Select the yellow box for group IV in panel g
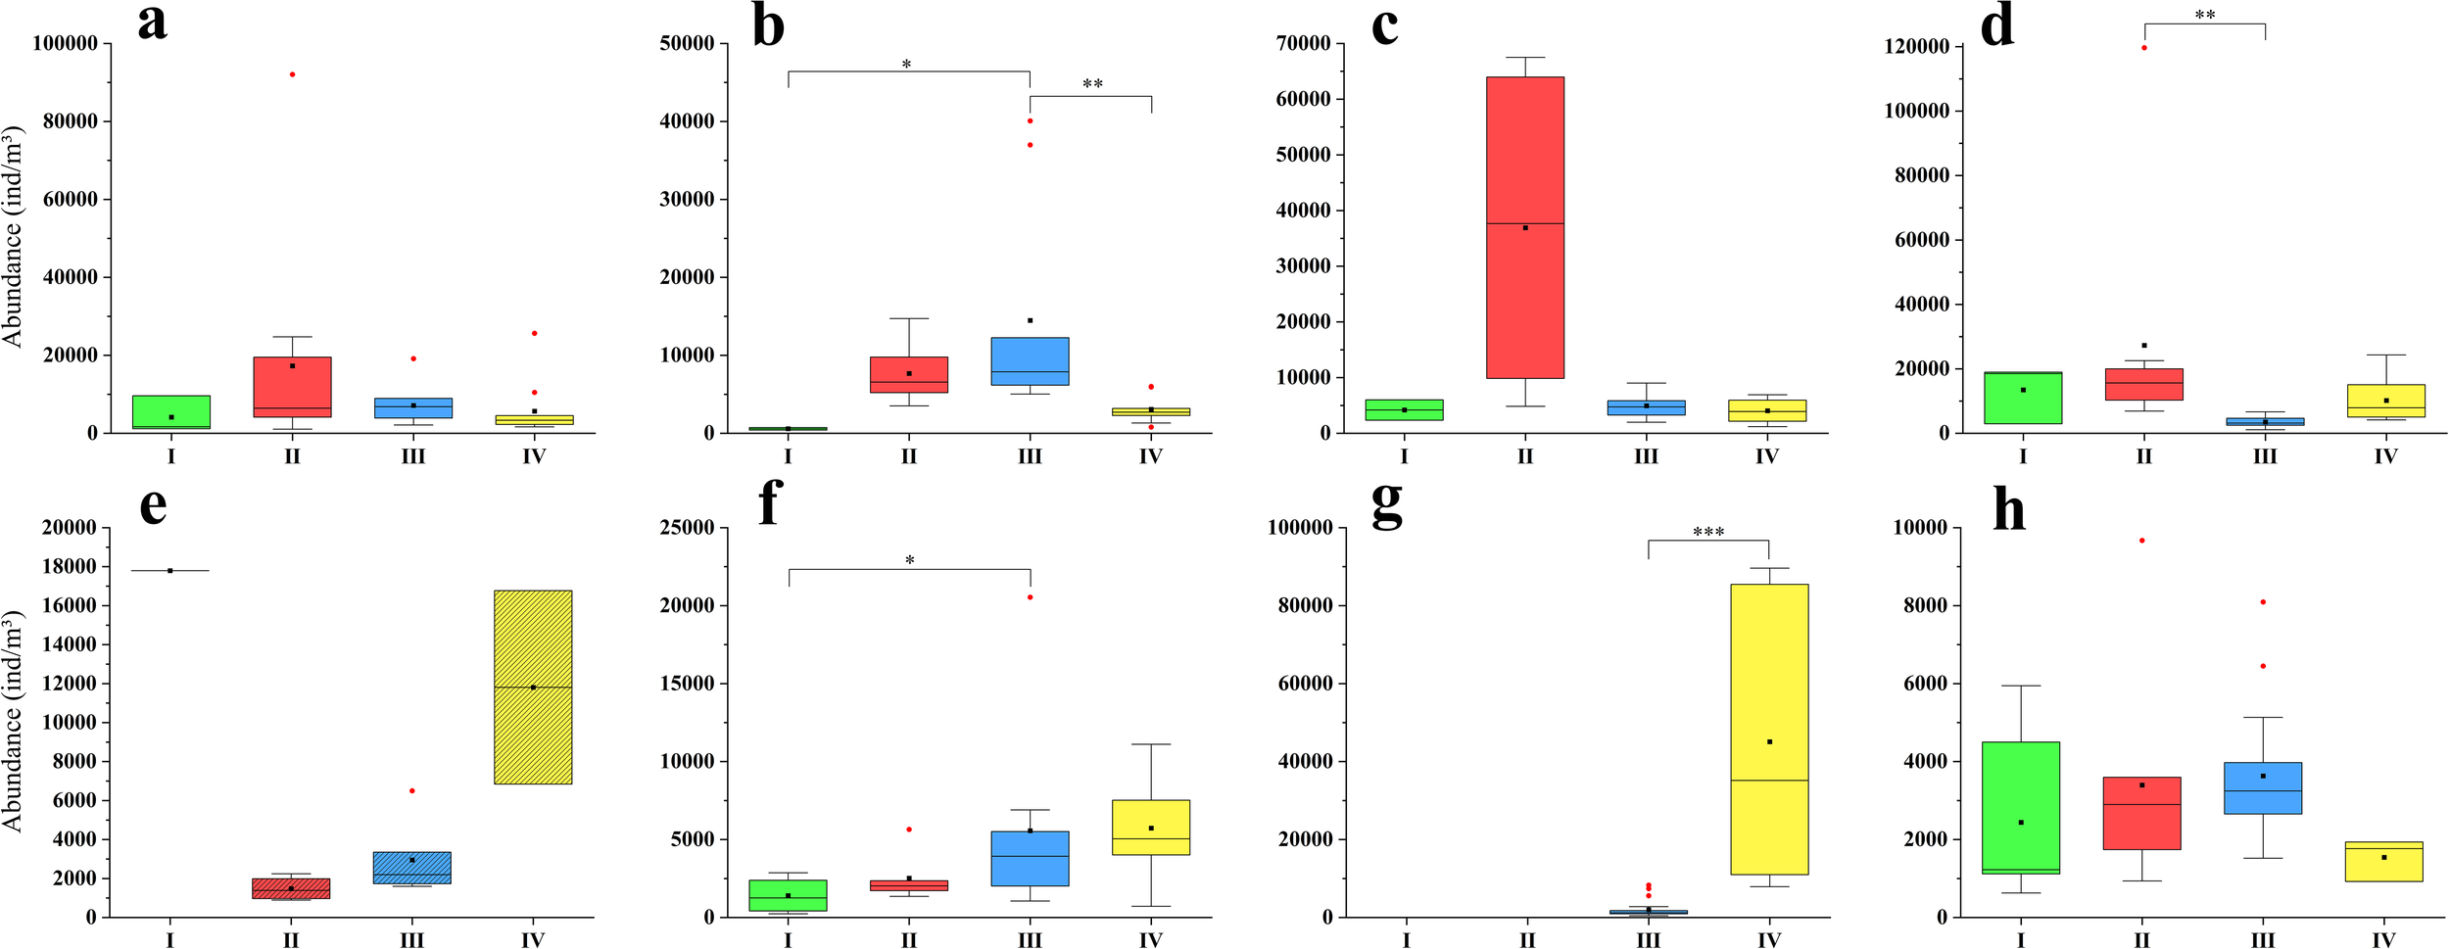(1768, 729)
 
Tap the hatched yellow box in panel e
(533, 687)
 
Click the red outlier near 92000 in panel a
(292, 74)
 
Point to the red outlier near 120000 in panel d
(2143, 48)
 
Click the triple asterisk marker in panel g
(1708, 533)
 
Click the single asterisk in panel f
(909, 561)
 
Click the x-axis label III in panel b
(1029, 456)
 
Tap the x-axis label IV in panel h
(2383, 940)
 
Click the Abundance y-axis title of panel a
(12, 235)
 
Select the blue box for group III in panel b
(1030, 361)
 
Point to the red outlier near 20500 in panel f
(1030, 597)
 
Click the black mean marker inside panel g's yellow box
(1769, 742)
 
